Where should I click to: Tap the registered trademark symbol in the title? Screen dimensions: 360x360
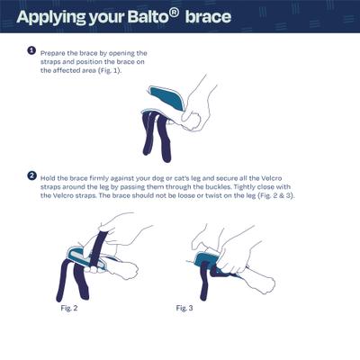pyautogui.click(x=175, y=13)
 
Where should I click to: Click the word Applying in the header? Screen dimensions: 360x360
pyautogui.click(x=51, y=18)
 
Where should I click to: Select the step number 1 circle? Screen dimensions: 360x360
pyautogui.click(x=31, y=50)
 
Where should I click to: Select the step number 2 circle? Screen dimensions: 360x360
pyautogui.click(x=31, y=175)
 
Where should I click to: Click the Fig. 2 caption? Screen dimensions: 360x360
pyautogui.click(x=69, y=308)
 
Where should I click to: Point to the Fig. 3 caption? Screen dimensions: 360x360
pyautogui.click(x=184, y=308)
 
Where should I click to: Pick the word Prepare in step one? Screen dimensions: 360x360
pyautogui.click(x=52, y=54)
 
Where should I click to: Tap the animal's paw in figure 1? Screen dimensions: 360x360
pyautogui.click(x=192, y=122)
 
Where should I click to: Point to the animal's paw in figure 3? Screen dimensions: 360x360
pyautogui.click(x=266, y=284)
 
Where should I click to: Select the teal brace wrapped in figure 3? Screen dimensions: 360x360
pyautogui.click(x=206, y=259)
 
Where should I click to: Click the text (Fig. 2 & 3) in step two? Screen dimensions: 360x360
pyautogui.click(x=276, y=196)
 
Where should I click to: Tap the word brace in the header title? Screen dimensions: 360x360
pyautogui.click(x=208, y=17)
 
